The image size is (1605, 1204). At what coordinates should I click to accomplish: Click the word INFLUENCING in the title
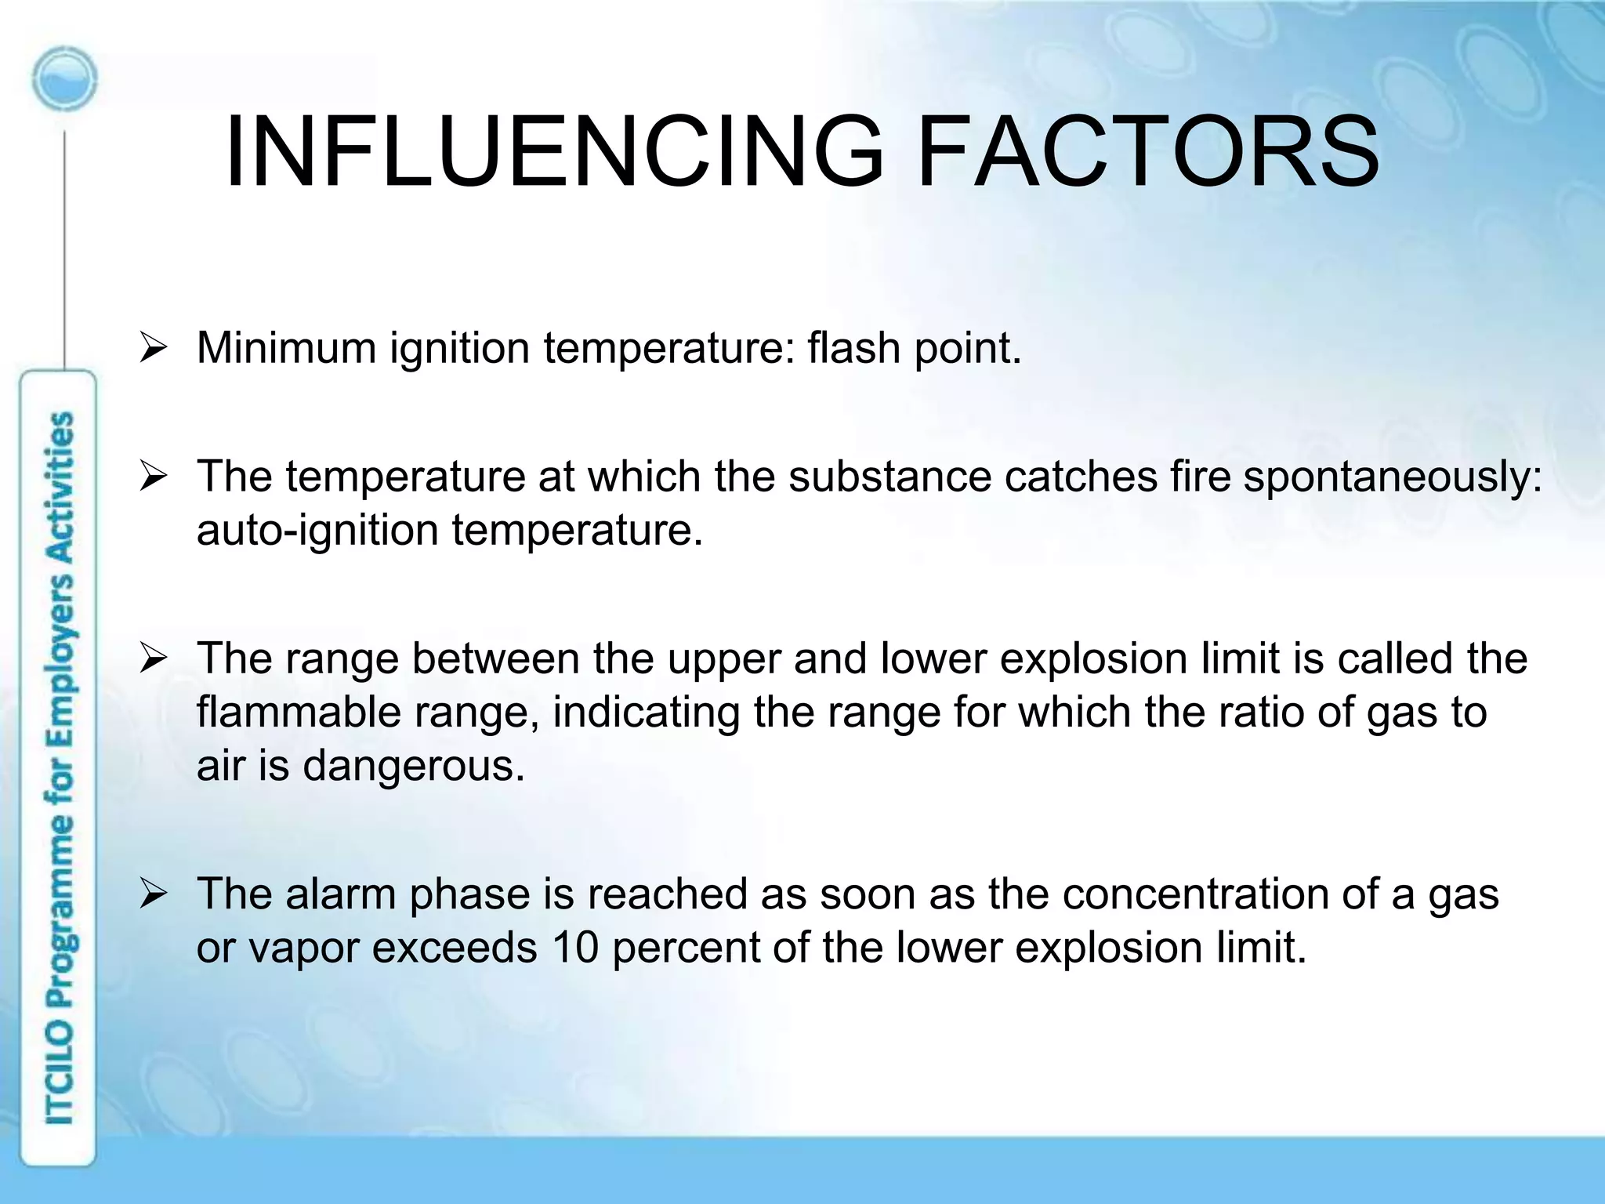click(x=554, y=152)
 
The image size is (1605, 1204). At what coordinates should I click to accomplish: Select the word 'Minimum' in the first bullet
click(x=286, y=347)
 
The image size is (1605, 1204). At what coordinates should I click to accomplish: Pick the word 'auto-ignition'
click(x=317, y=531)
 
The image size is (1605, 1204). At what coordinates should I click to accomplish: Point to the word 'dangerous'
click(x=413, y=766)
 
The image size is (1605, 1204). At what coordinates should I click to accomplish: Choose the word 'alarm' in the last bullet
click(x=341, y=894)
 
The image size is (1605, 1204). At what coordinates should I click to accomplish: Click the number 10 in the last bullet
click(x=575, y=947)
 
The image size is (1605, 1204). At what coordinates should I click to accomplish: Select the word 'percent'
click(x=686, y=948)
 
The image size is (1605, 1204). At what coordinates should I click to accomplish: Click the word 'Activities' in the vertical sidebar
click(x=61, y=486)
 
